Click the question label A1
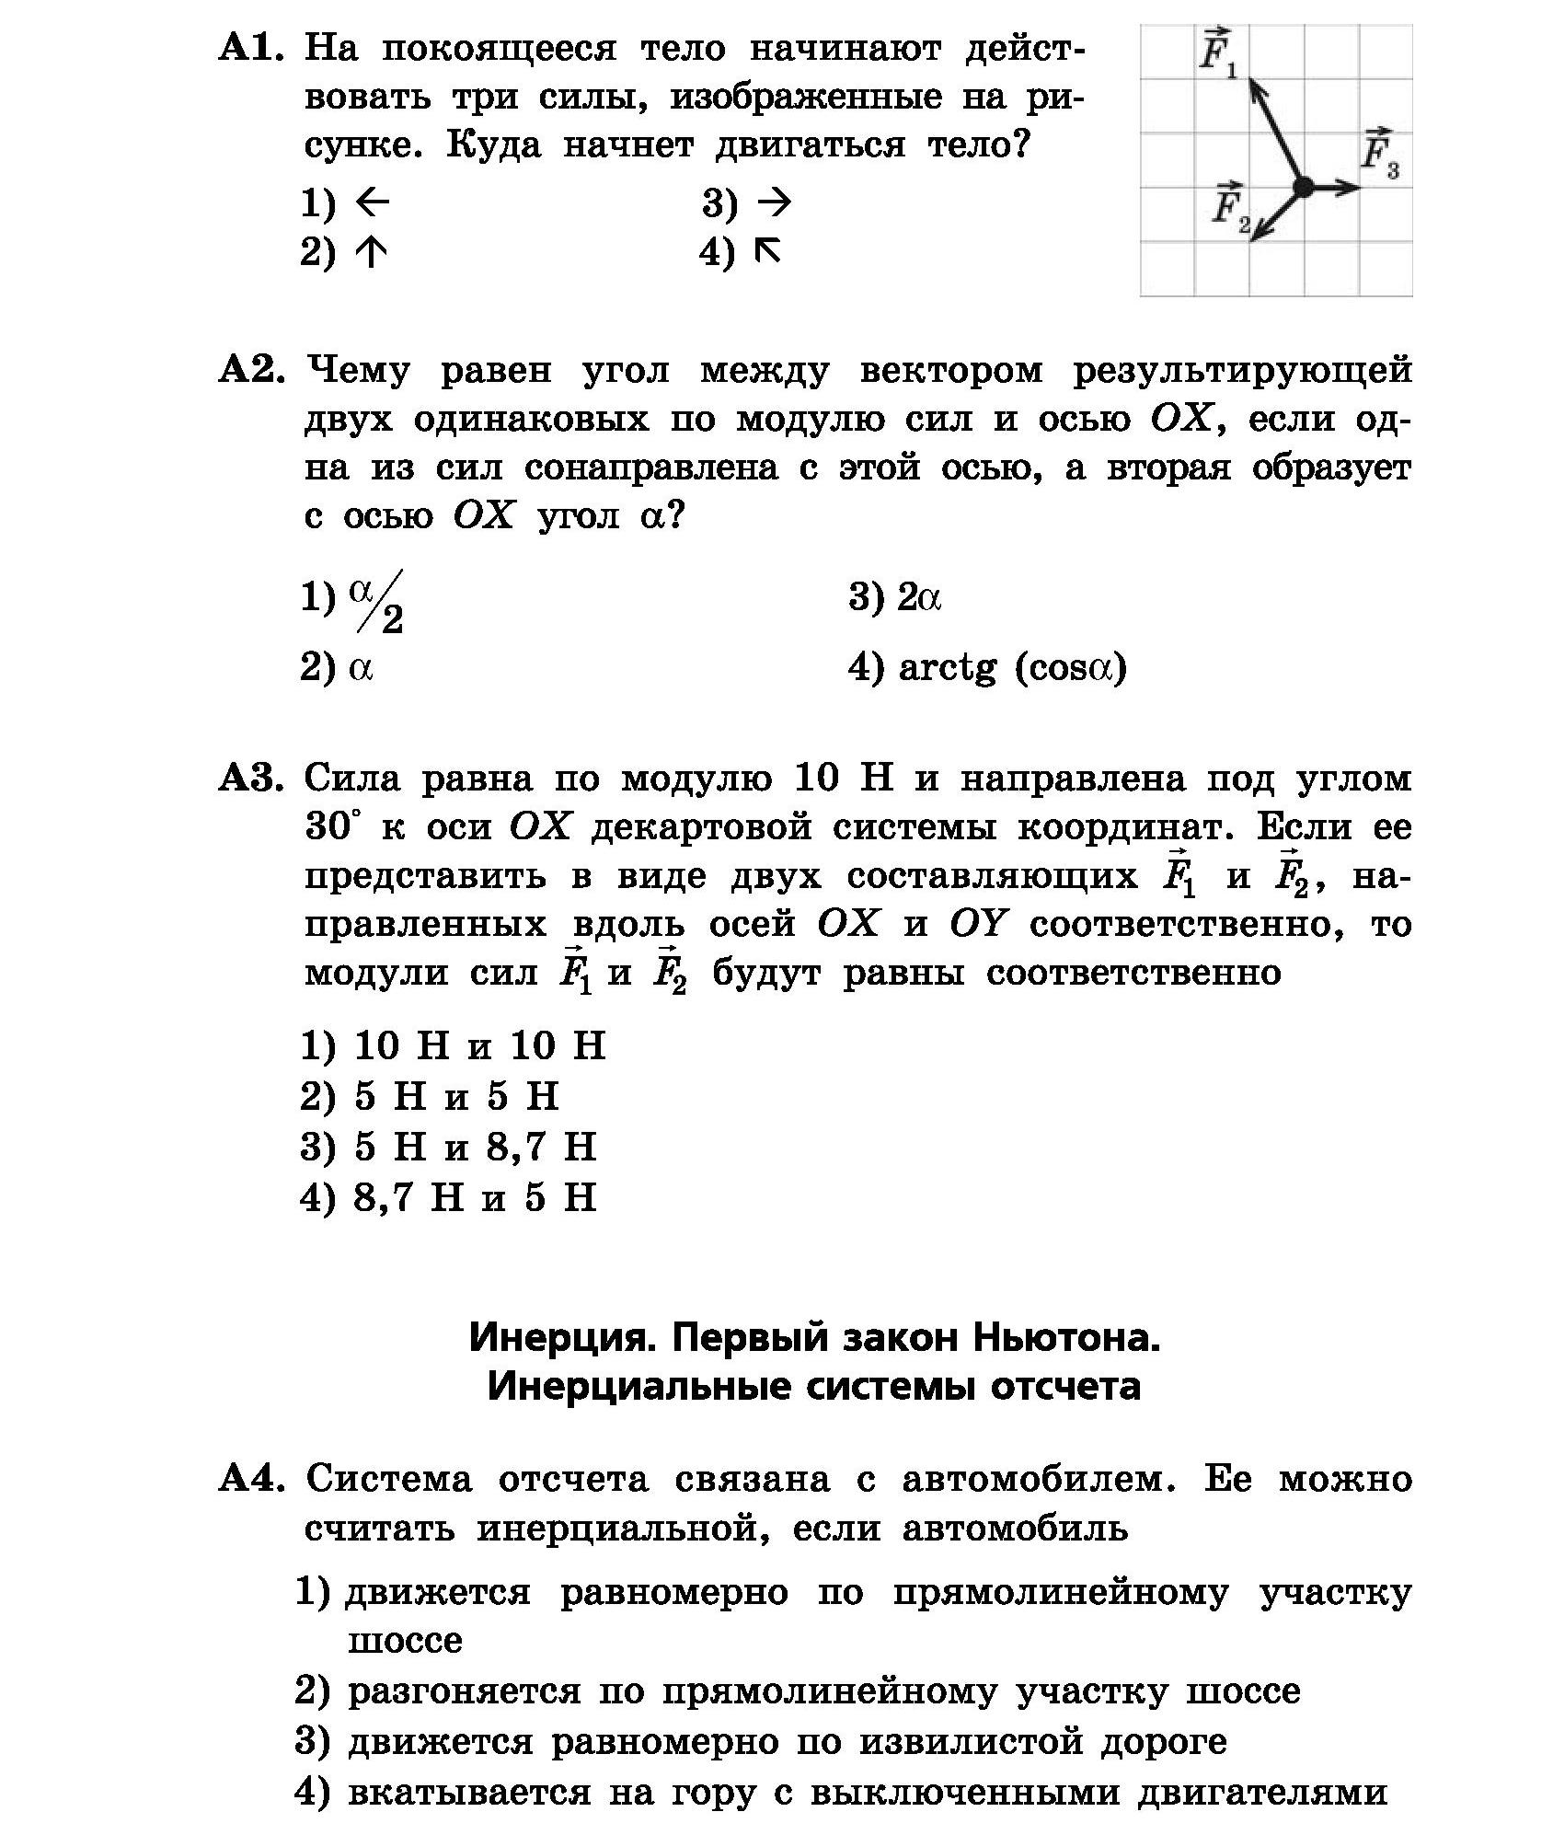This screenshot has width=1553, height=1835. pos(250,48)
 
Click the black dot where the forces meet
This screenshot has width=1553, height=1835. pos(1303,187)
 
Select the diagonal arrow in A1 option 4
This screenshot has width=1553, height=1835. pos(767,250)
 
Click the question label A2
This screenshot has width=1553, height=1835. pos(250,370)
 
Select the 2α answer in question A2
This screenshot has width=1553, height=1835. pos(919,598)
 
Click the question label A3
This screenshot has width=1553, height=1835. pos(250,779)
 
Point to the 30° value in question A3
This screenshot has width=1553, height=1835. pos(328,826)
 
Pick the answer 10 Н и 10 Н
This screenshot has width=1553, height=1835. pos(479,1045)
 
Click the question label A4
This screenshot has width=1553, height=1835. pos(250,1480)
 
